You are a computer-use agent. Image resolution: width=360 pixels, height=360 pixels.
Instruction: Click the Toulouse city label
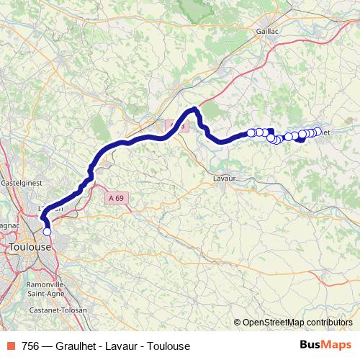30,246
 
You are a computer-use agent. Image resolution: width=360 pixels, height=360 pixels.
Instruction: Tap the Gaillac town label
267,32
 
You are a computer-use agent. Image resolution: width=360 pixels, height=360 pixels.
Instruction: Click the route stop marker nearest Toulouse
48,231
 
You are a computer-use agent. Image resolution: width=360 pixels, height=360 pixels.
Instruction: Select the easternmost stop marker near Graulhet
317,132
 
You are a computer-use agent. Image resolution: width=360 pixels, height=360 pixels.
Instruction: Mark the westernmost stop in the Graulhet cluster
251,132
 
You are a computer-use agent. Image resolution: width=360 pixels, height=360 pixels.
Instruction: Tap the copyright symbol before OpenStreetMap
238,322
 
